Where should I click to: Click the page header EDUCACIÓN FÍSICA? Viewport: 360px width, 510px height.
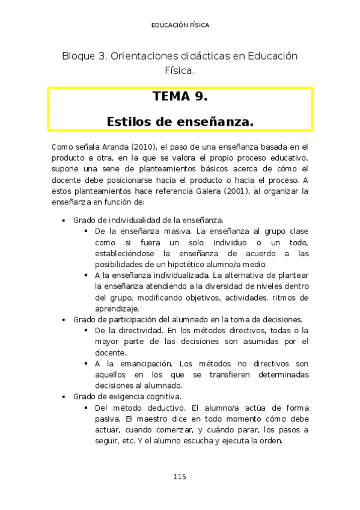tap(180, 25)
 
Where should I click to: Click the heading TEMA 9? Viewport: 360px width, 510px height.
tap(180, 97)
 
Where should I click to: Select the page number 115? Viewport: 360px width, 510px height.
tap(180, 476)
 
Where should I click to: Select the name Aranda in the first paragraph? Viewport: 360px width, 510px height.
tap(114, 146)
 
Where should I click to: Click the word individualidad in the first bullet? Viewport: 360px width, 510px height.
tap(132, 221)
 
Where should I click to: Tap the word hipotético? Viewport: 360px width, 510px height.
tap(180, 265)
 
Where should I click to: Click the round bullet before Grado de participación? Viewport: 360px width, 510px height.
tap(64, 320)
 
